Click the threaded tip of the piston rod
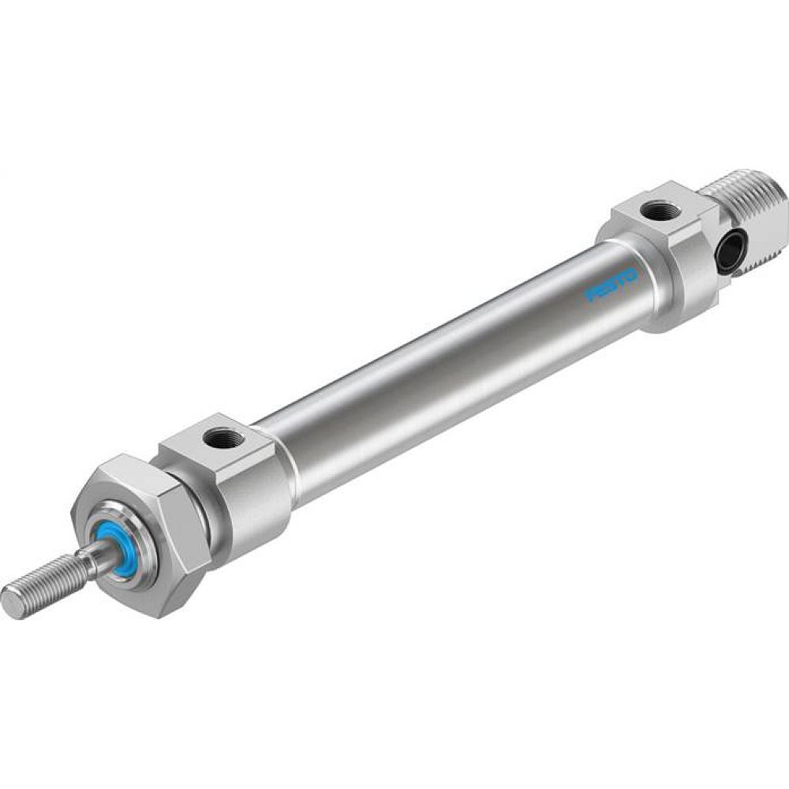pyautogui.click(x=39, y=581)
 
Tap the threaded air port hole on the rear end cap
pyautogui.click(x=654, y=211)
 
